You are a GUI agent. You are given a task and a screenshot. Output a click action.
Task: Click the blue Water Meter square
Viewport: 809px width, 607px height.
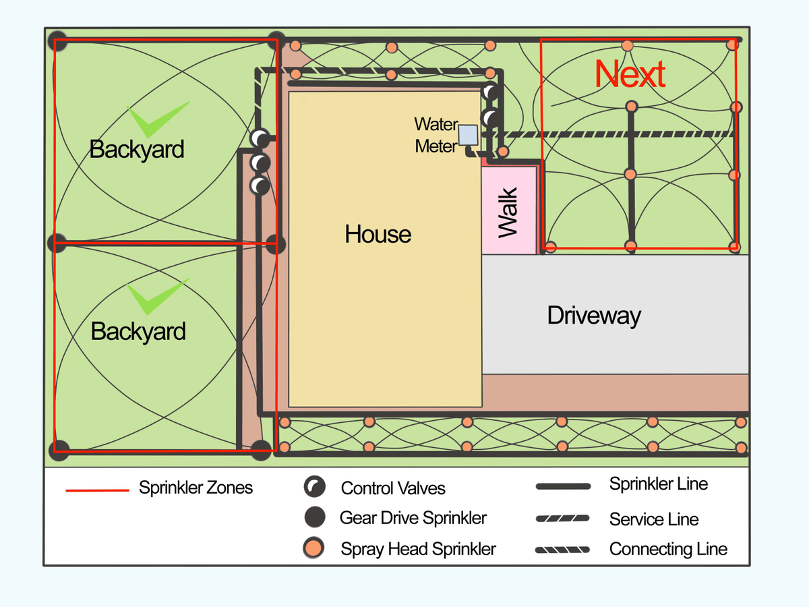point(468,135)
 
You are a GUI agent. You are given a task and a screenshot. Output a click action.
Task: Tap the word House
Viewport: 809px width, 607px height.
point(378,234)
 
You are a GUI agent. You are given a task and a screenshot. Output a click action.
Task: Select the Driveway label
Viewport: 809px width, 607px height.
point(594,315)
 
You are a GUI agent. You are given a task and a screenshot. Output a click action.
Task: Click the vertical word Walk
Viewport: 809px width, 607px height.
point(508,212)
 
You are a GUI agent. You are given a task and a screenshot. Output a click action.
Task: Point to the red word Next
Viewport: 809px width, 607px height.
point(631,74)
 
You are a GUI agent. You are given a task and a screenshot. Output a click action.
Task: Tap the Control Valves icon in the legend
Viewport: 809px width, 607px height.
point(314,486)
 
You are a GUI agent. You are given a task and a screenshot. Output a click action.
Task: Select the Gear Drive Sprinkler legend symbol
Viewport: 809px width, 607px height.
point(314,517)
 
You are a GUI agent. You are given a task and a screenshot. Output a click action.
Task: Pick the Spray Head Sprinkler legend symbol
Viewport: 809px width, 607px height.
point(314,548)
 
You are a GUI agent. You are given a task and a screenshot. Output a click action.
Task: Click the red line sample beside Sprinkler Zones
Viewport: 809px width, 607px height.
point(97,490)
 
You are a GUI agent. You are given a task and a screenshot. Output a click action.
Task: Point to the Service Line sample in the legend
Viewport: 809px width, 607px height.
point(562,519)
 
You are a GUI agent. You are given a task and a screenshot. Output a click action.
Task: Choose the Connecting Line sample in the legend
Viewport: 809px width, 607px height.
point(562,550)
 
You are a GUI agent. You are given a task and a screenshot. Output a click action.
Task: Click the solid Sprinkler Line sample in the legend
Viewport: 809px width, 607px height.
point(562,486)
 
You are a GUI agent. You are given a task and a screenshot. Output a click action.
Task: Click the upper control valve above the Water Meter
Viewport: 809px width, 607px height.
point(491,92)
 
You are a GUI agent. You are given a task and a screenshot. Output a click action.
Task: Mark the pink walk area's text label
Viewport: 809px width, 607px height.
point(508,212)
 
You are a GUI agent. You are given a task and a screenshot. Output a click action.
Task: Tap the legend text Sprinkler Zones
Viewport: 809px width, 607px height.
point(196,488)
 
